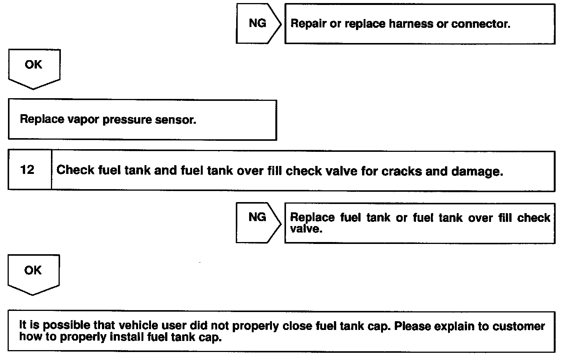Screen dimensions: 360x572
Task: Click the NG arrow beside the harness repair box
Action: coord(257,24)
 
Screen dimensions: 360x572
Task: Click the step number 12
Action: coord(27,170)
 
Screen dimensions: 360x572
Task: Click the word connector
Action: coord(480,24)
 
